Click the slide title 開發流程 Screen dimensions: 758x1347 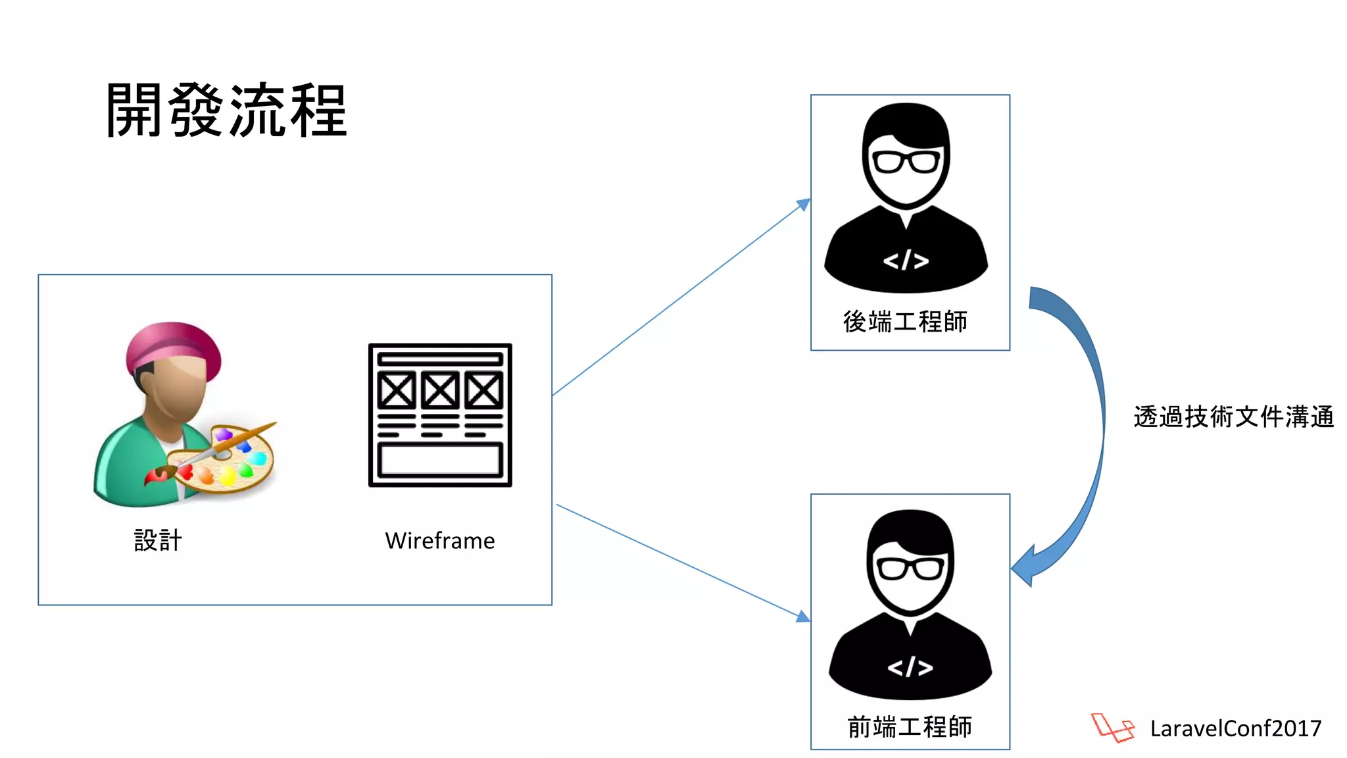[226, 111]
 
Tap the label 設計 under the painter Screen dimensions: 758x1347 [158, 540]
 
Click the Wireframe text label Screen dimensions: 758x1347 [439, 541]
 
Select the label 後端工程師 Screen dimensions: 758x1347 [905, 322]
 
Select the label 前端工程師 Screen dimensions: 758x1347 [910, 727]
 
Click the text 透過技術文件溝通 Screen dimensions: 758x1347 [1233, 417]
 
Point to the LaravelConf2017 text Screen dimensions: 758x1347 [1235, 728]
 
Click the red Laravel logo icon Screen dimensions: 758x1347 [1112, 728]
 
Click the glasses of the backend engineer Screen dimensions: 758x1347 [906, 161]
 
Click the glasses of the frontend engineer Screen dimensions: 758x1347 [910, 568]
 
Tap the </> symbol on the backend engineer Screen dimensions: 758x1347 [906, 261]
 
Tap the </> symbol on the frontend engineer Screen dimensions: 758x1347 [910, 667]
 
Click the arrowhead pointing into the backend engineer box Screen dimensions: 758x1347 [804, 204]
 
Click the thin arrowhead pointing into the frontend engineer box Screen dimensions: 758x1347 [803, 617]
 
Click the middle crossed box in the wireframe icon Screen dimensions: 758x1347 [440, 390]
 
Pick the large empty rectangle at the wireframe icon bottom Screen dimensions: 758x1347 [440, 459]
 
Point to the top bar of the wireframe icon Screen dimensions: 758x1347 [440, 359]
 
